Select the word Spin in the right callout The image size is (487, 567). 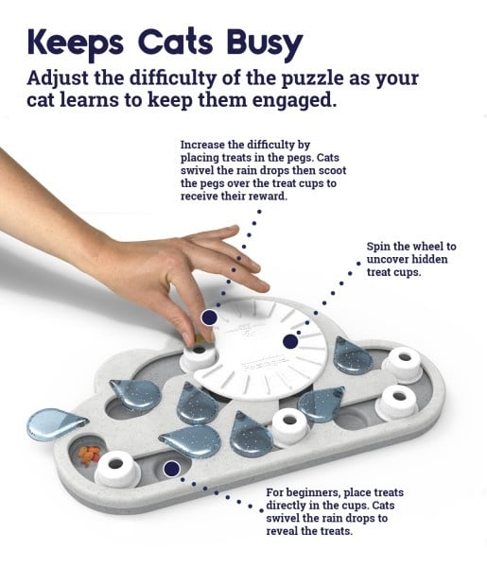click(x=381, y=247)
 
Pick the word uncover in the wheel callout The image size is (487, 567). click(x=391, y=260)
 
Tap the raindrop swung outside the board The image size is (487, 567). click(x=56, y=424)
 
